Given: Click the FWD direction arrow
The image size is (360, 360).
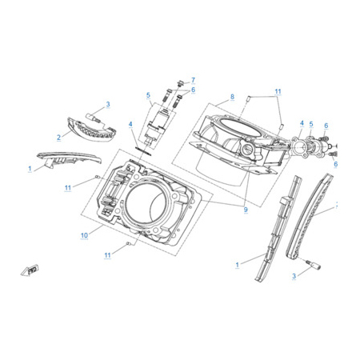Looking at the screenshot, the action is point(30,270).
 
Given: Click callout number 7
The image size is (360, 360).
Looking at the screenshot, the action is point(193,80).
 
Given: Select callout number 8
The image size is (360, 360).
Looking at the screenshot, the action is point(232,97).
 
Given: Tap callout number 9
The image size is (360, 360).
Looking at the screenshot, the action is point(246,210).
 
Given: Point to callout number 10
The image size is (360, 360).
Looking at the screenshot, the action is point(84,235).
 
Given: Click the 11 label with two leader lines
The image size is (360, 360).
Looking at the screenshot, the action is point(278,91).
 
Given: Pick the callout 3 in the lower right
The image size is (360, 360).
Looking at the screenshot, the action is point(294,276).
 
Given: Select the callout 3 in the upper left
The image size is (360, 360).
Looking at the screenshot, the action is point(108,104).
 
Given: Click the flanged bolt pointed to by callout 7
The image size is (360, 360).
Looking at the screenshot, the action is point(181,83).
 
